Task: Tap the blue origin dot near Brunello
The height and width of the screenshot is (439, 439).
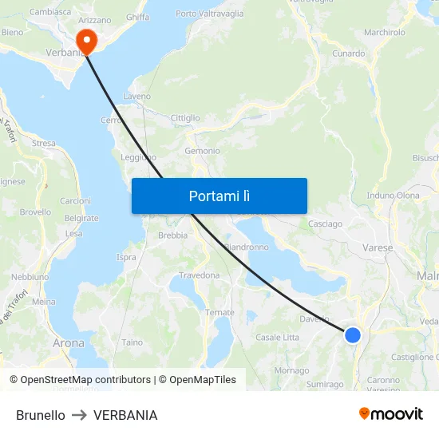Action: [352, 334]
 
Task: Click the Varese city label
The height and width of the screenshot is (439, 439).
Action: [378, 248]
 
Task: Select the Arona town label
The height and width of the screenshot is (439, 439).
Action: [68, 343]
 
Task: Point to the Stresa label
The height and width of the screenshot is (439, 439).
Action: [43, 144]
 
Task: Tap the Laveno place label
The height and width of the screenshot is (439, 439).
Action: [136, 97]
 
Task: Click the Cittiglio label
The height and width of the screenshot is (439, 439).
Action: [185, 118]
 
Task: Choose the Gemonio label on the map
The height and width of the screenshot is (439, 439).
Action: [202, 151]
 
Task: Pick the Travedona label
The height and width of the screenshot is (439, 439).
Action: [199, 275]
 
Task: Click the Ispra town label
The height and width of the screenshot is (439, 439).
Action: [126, 257]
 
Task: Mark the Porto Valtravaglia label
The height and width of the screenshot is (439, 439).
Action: [210, 14]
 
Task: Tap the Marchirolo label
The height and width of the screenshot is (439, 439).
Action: [385, 33]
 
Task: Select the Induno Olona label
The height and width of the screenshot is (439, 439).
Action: [393, 196]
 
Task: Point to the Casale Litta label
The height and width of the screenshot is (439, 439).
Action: [277, 338]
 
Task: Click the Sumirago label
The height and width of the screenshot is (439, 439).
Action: [325, 385]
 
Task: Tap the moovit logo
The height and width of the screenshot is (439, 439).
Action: [390, 413]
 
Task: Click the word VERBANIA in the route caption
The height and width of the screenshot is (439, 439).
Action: [125, 415]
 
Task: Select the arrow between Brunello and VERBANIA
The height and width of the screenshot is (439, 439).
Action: [79, 415]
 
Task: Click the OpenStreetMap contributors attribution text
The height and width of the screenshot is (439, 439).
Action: [85, 380]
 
